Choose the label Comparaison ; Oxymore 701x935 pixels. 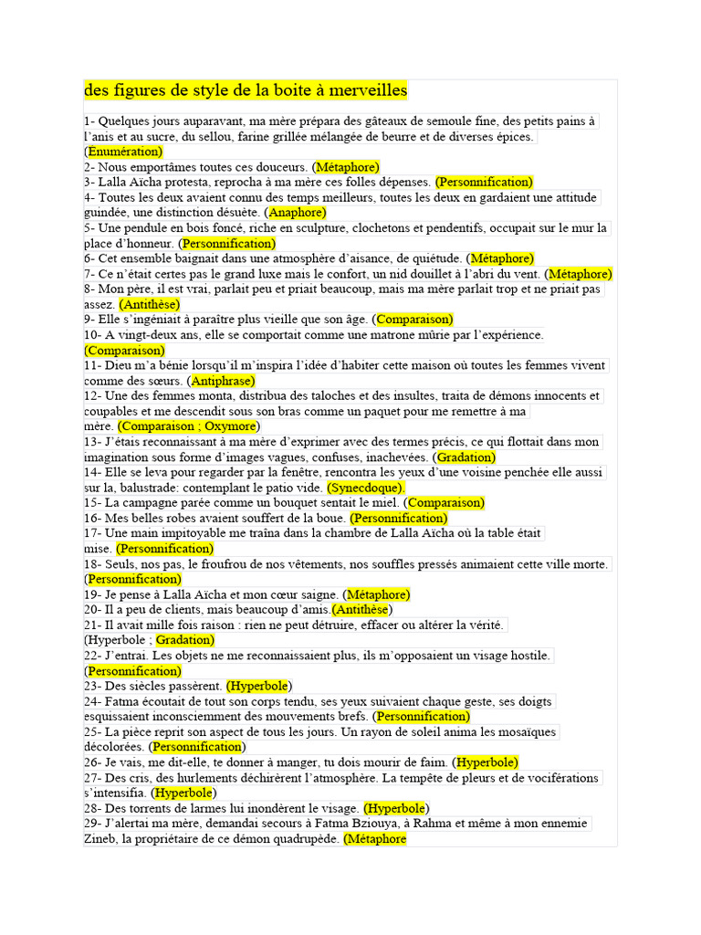[189, 426]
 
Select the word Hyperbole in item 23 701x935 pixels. [259, 686]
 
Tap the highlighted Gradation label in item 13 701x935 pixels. [466, 457]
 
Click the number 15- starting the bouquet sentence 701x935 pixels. [92, 502]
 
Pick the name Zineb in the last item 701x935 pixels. [99, 839]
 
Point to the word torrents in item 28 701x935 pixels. [155, 808]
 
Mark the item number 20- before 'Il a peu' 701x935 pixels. [92, 609]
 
